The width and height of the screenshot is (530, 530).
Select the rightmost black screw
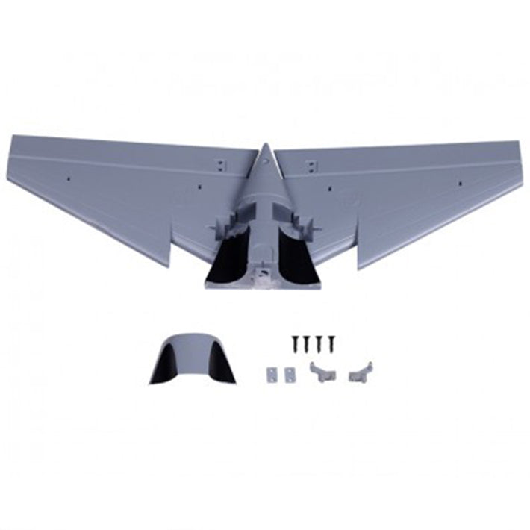point(328,343)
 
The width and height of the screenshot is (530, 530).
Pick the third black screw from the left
point(317,343)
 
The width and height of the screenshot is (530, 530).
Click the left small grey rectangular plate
point(271,373)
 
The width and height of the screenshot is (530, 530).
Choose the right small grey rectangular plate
point(286,373)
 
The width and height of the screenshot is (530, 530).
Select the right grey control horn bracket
point(360,370)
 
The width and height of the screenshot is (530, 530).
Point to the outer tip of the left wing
point(13,140)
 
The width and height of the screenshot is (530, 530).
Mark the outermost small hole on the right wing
point(459,182)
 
